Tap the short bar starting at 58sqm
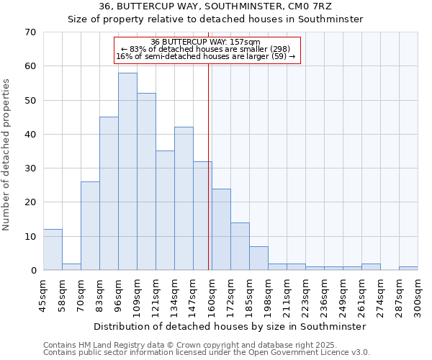pos(71,267)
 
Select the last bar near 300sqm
pos(408,269)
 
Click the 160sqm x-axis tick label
pos(212,296)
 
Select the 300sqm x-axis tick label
pos(418,296)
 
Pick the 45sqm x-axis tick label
pos(44,294)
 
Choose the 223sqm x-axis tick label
pos(306,296)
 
